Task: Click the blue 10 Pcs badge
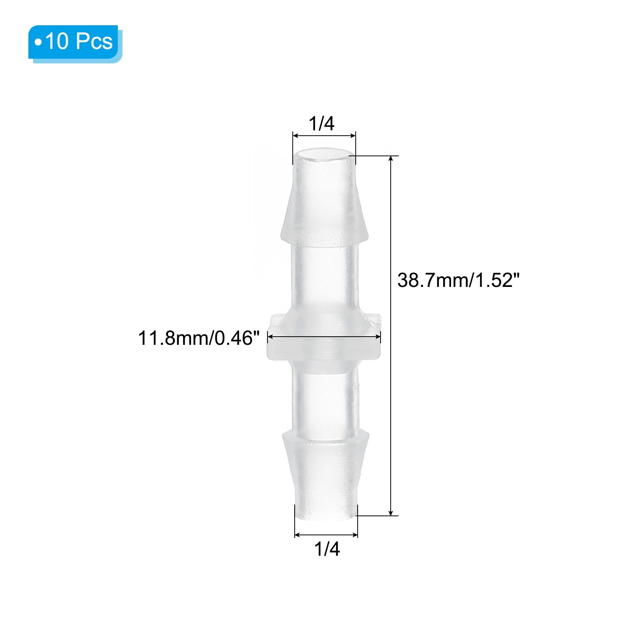point(75,42)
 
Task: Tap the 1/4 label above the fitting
point(321,124)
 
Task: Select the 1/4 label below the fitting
point(327,549)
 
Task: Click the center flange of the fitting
point(324,337)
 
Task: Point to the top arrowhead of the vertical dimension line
point(391,159)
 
